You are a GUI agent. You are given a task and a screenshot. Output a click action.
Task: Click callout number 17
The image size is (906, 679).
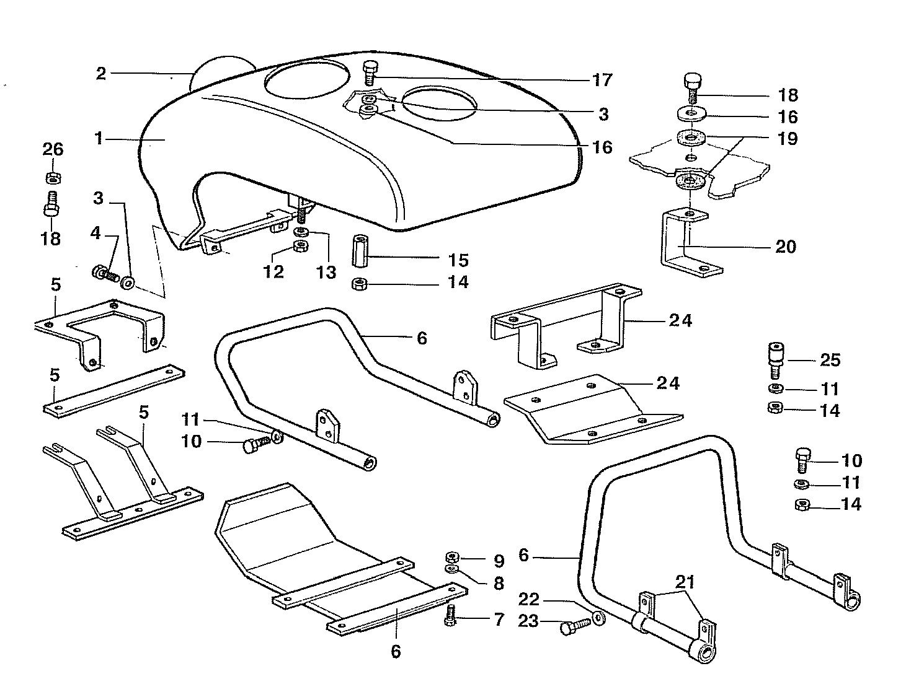point(602,80)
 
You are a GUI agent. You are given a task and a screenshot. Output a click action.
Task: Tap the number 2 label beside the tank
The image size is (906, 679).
point(101,74)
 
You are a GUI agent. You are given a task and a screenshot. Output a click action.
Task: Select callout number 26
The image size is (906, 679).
point(53,149)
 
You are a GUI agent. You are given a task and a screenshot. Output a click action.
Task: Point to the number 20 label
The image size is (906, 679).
point(785,247)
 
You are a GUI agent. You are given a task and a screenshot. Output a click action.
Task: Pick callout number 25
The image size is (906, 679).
point(830,359)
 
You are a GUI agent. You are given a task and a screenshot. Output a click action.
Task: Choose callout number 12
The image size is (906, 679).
point(273,271)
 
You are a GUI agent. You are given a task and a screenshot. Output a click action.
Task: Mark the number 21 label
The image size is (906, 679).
point(685,582)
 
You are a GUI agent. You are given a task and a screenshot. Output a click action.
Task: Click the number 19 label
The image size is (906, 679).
point(788,138)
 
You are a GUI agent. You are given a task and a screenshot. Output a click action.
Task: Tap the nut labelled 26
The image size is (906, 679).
point(53,178)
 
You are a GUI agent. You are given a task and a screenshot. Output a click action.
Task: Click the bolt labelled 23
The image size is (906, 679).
point(573,627)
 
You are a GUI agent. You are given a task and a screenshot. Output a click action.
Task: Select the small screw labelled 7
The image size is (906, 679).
point(451,615)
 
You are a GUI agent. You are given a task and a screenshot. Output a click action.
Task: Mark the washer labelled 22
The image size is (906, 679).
point(599,618)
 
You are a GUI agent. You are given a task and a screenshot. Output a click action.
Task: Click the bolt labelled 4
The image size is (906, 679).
point(104,273)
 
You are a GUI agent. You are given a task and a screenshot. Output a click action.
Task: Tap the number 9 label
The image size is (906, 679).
point(499,561)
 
